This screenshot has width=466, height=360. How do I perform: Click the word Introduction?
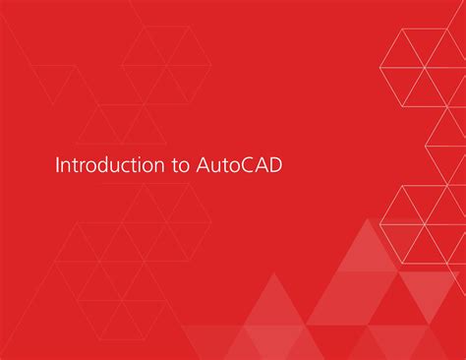coord(104,165)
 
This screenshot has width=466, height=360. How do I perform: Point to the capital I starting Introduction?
coord(58,165)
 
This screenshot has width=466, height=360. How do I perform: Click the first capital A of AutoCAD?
coord(204,165)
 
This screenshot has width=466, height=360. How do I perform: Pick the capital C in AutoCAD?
coord(250,165)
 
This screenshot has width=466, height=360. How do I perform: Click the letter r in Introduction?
coord(82,166)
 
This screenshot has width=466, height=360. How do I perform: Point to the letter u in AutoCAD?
coord(217,166)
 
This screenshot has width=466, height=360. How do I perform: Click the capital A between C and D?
coord(263,165)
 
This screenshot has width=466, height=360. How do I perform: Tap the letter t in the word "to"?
coord(173,165)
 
